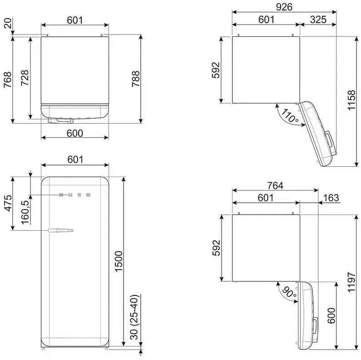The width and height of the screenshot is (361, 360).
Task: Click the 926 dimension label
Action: tap(284, 7)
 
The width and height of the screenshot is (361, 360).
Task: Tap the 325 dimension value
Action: tap(318, 20)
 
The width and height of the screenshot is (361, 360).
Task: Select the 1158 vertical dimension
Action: tap(351, 100)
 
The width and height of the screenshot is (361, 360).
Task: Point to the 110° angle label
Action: tap(290, 116)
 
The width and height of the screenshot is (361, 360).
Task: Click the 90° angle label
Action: tap(289, 292)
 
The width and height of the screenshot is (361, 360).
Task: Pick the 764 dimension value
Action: tap(275, 185)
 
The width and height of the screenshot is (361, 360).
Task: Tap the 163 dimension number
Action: tap(331, 198)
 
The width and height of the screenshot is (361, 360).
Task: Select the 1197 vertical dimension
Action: tap(351, 282)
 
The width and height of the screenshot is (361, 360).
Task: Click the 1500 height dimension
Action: tap(119, 261)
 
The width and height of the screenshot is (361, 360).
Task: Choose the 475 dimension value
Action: tap(8, 203)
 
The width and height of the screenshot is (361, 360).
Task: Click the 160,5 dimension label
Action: tap(25, 212)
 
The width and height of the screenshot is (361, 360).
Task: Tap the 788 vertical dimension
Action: tap(136, 79)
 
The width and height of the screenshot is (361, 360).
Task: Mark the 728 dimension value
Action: tap(25, 78)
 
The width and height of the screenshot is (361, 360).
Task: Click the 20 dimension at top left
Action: tap(8, 23)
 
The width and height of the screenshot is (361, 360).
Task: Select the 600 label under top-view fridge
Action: tap(75, 133)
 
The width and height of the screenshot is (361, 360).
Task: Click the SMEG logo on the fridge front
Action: tap(75, 195)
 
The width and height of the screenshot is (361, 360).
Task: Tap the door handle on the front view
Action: tap(61, 230)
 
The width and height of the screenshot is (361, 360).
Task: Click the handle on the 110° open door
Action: tap(329, 140)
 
